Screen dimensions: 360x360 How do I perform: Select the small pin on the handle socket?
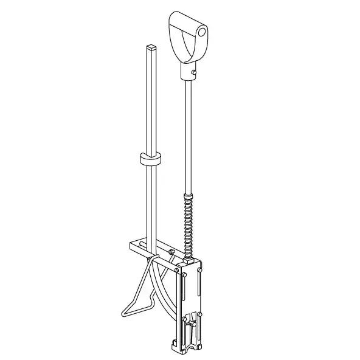tap(194, 72)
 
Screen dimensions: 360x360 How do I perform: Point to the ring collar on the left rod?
tap(150, 159)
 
